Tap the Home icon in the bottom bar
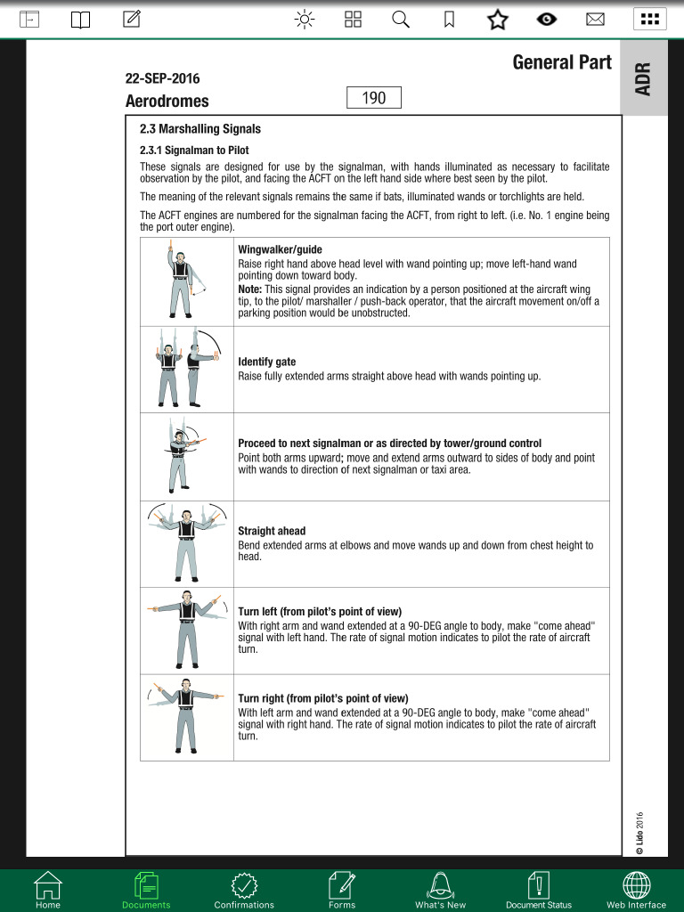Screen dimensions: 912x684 pos(48,888)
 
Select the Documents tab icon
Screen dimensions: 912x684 pos(146,888)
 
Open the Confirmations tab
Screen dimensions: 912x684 pos(244,888)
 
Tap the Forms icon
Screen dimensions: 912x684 pos(342,888)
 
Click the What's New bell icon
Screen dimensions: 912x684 pos(440,888)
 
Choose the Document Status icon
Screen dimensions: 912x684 pos(539,888)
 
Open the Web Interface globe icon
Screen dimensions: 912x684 pos(636,888)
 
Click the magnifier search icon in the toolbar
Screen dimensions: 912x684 pos(401,19)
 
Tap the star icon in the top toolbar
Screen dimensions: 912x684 pos(497,19)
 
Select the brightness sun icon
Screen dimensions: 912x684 pos(305,19)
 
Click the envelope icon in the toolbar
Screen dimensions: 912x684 pos(595,19)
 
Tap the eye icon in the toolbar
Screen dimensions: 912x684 pos(547,19)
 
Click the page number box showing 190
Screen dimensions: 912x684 pos(374,98)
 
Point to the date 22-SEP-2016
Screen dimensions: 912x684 pos(163,78)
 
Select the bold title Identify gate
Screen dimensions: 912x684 pos(266,362)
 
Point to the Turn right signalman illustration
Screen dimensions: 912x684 pos(184,717)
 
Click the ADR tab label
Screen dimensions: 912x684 pos(643,78)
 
